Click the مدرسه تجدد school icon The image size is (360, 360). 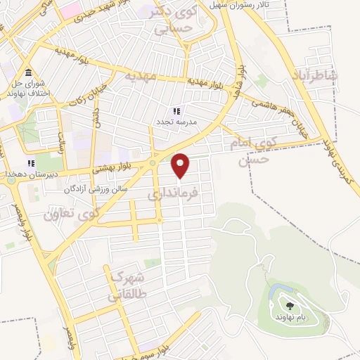(x=176, y=111)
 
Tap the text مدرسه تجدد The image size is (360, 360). (x=176, y=122)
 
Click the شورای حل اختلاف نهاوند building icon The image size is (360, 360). (x=28, y=74)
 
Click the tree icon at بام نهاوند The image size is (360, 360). (x=289, y=305)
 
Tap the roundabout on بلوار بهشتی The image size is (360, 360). (x=153, y=164)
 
